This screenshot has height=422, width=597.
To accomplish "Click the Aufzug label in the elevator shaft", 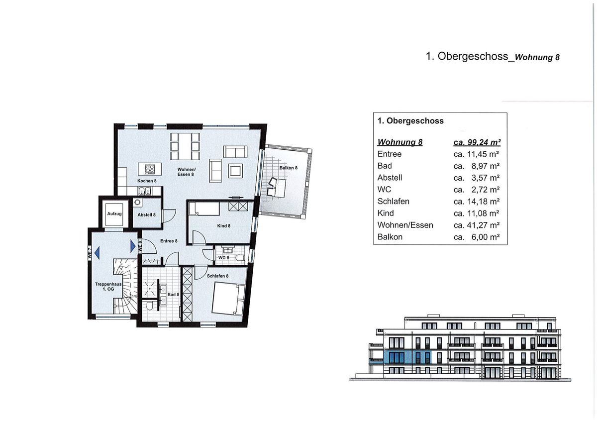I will click(x=114, y=214).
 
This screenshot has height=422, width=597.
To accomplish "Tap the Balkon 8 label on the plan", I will click(x=289, y=168).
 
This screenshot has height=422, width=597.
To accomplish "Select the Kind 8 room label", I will click(x=224, y=226).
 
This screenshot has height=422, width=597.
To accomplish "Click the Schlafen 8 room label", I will click(x=217, y=276).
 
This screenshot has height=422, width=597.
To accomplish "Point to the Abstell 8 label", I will click(x=147, y=214).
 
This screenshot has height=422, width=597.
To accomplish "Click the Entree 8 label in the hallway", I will click(x=169, y=241).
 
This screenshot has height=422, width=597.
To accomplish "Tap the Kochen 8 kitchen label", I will click(x=147, y=181).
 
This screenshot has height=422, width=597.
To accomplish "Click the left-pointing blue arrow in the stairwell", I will click(x=98, y=252).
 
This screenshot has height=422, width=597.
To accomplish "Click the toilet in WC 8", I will click(x=240, y=257).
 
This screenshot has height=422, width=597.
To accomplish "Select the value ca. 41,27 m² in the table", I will click(x=476, y=225).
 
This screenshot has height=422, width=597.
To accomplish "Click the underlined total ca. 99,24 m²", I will click(x=476, y=142).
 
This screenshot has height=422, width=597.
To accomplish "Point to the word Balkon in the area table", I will click(x=390, y=237).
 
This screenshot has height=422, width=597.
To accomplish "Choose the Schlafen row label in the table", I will click(x=394, y=202).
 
